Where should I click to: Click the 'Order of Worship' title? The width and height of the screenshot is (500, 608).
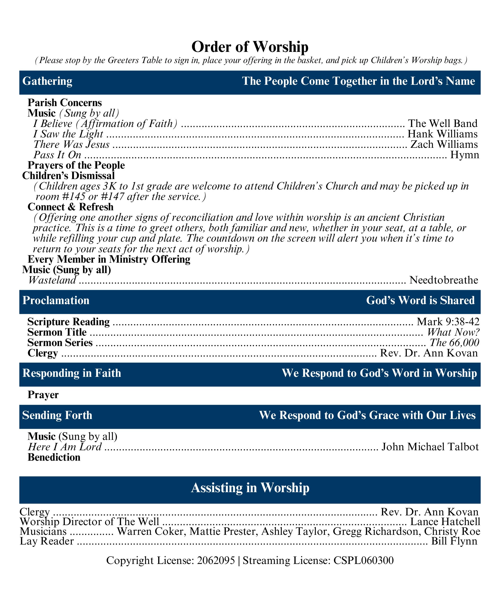tap(250, 47)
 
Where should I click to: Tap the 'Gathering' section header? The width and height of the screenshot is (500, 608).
tap(47, 81)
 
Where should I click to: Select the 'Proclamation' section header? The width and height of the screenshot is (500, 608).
tap(56, 301)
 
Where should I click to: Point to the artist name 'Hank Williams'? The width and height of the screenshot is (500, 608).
tap(442, 134)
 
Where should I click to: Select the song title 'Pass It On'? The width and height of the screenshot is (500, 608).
tap(57, 155)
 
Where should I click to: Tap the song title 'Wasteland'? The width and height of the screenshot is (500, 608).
tap(52, 280)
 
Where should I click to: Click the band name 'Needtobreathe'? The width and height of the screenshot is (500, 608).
tap(443, 280)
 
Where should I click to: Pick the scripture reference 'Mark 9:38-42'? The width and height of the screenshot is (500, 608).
tap(448, 322)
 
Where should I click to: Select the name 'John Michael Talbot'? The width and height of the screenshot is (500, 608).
tap(430, 447)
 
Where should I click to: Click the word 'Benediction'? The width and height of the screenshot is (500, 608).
tap(54, 457)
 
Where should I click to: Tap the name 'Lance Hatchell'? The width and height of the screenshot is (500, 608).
tap(445, 522)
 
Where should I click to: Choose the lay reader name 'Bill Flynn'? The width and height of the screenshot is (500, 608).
tap(454, 541)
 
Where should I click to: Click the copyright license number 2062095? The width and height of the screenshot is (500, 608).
tap(216, 560)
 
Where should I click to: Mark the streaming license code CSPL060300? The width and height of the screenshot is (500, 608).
tap(364, 560)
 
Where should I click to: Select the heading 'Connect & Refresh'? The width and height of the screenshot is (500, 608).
tap(70, 207)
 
